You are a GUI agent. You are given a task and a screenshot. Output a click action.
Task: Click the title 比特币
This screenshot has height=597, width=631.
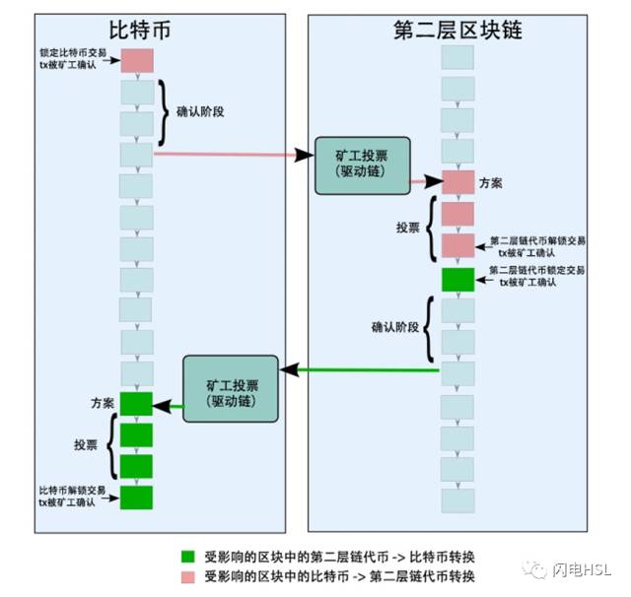(x=140, y=31)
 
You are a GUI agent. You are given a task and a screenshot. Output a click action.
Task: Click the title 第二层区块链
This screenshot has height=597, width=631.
(x=457, y=30)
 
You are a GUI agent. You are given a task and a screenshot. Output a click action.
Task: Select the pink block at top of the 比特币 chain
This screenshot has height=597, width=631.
(x=137, y=61)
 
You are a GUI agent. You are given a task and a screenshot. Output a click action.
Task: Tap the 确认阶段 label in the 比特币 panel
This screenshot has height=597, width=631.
(x=200, y=111)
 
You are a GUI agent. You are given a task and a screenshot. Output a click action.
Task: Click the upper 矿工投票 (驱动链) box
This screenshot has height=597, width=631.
(x=363, y=166)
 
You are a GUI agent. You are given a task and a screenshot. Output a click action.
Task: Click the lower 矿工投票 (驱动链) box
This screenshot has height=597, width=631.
(x=231, y=389)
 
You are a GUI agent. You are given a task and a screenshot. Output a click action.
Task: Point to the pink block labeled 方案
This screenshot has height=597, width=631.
(x=457, y=182)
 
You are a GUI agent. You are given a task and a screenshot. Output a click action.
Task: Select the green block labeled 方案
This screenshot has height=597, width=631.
(x=136, y=404)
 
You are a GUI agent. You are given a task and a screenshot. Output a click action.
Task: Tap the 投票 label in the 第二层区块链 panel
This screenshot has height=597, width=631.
(x=407, y=228)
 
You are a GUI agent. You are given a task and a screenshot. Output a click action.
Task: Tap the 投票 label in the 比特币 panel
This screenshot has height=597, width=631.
(x=86, y=444)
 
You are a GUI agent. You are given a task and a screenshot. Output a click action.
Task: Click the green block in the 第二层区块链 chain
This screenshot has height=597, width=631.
(x=457, y=280)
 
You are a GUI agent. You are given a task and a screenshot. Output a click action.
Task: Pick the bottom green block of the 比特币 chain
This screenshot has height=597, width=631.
(x=136, y=497)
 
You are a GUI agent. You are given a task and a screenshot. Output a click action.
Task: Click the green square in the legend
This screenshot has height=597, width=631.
(x=188, y=557)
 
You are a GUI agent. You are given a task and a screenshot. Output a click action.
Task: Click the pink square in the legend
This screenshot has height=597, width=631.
(x=188, y=577)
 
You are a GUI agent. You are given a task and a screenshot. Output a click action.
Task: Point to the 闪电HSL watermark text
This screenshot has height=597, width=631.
(x=582, y=569)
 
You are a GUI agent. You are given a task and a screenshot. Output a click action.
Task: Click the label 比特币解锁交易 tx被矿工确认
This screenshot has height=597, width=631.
(x=72, y=497)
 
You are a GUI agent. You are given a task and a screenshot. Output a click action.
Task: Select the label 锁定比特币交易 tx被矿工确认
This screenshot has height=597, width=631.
(x=73, y=59)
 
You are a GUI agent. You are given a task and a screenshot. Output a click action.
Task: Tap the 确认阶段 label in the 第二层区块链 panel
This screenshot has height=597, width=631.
(x=395, y=327)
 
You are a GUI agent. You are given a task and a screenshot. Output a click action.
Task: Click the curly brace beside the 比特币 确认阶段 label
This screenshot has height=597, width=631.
(x=164, y=112)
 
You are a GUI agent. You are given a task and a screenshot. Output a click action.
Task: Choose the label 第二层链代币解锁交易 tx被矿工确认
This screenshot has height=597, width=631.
(x=537, y=247)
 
